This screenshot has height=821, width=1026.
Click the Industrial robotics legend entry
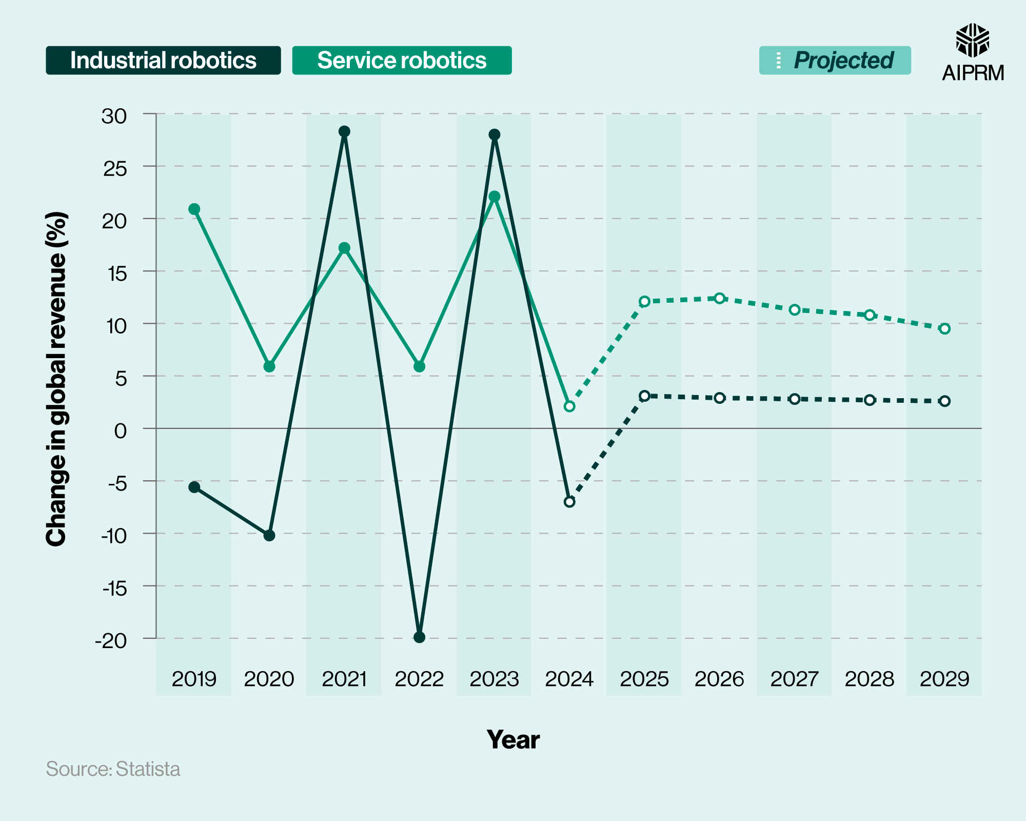coord(163,61)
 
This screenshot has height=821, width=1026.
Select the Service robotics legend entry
coord(402,61)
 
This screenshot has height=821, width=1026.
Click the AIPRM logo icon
coord(972,40)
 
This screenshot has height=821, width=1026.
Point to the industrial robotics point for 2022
coord(419,637)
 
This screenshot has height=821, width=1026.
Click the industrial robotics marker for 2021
coord(344,131)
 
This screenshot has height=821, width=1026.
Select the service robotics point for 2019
coord(194,209)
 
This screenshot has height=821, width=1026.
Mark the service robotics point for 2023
coord(495,197)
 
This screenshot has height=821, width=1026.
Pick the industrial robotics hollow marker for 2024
coord(569,502)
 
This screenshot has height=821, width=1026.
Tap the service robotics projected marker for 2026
coord(720,298)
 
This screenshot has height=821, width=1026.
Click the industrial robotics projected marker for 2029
coord(944,401)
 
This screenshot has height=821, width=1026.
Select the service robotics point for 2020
coord(269,366)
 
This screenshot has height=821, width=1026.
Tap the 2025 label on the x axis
coord(644,679)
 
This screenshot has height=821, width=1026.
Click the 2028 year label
coord(870,679)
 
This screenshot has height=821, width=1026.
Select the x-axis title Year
coord(513,739)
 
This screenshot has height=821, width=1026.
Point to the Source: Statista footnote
coord(113,769)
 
